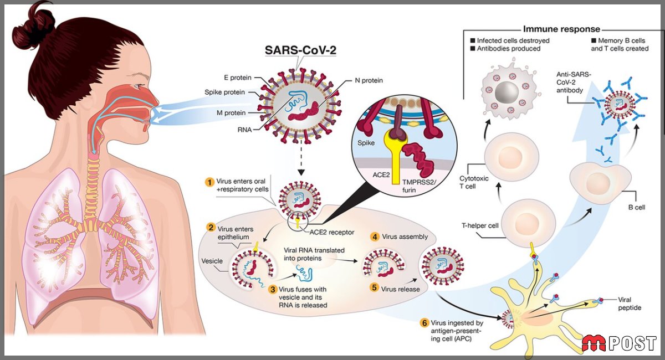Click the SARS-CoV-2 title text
[x=300, y=50]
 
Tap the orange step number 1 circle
[x=209, y=182]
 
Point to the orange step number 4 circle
[x=375, y=237]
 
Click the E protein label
[x=238, y=78]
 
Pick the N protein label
[x=369, y=80]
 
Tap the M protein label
[x=231, y=113]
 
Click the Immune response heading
[x=561, y=29]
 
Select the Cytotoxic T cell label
[x=474, y=182]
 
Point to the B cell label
[x=637, y=207]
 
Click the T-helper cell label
[x=480, y=225]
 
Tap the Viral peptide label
[x=630, y=304]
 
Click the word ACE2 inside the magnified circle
[x=381, y=175]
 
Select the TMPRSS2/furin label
[x=420, y=186]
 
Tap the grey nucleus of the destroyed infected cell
[x=507, y=92]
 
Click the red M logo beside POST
[x=594, y=343]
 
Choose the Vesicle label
[x=212, y=261]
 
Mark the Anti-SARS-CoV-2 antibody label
[x=574, y=82]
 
